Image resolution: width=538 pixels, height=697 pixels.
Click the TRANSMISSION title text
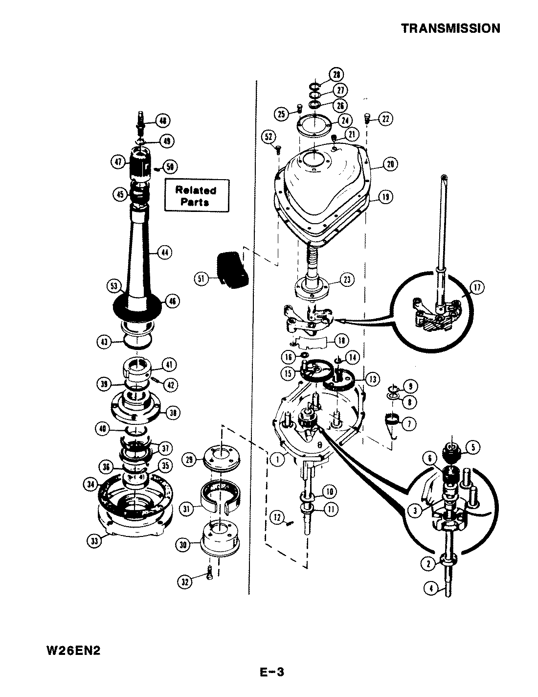point(450,28)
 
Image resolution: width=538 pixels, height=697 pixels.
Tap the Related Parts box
point(196,196)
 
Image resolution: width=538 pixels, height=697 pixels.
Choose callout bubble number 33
point(93,541)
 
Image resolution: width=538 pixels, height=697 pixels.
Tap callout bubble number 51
point(201,279)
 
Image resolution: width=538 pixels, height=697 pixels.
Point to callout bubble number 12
point(277,516)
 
